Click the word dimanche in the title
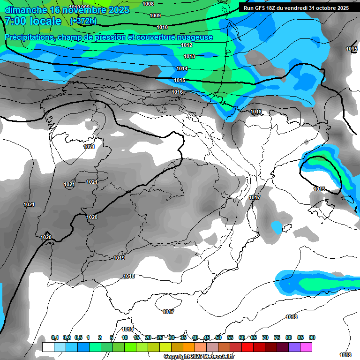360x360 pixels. [x=26, y=9]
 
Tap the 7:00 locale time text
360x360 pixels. [x=33, y=21]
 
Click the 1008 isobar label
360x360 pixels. [x=148, y=4]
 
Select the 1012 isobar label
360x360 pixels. [x=187, y=45]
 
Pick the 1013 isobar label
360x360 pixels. [x=189, y=56]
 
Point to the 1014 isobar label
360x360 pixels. [x=182, y=68]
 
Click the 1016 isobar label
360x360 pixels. [x=177, y=92]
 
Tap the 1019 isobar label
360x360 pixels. [x=119, y=258]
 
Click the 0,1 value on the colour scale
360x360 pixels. [x=55, y=338]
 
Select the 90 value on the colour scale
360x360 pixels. [x=312, y=338]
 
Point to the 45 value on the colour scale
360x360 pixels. [x=207, y=338]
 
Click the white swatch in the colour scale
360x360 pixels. [x=48, y=347]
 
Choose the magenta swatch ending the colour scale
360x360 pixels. [x=306, y=347]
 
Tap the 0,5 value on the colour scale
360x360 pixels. [x=78, y=338]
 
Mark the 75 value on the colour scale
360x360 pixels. [x=277, y=338]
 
